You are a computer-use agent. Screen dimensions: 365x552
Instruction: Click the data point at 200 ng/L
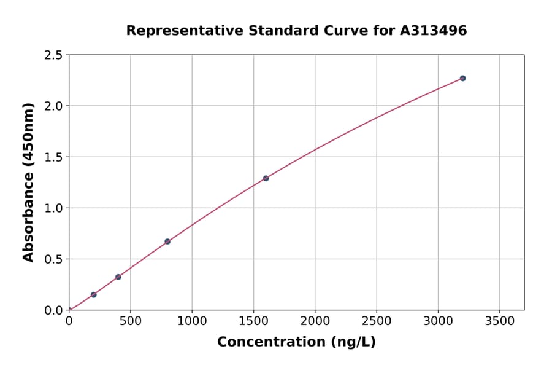click(93, 295)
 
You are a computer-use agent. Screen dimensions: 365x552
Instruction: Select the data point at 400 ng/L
click(118, 277)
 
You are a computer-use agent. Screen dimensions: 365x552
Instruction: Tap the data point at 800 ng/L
click(167, 241)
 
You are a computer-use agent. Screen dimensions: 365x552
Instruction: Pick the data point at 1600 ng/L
click(266, 178)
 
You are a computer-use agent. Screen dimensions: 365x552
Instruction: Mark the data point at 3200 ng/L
click(462, 78)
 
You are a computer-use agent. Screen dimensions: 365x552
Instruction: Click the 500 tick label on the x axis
click(130, 322)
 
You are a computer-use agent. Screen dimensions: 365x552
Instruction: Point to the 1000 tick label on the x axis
click(191, 322)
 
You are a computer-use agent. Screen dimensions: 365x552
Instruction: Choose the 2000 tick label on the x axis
click(315, 322)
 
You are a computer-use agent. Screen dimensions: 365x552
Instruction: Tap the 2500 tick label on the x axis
click(376, 322)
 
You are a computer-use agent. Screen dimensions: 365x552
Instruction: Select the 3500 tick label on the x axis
click(499, 322)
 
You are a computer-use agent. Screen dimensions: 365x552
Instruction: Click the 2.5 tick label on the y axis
click(53, 55)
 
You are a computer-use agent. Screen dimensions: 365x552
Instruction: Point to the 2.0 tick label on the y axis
click(53, 106)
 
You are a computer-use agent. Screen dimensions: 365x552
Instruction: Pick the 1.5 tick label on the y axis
click(53, 157)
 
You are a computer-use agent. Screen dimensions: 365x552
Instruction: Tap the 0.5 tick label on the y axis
click(53, 259)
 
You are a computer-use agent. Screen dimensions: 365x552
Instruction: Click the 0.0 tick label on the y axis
click(53, 310)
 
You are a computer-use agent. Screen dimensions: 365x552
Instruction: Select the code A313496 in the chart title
click(433, 31)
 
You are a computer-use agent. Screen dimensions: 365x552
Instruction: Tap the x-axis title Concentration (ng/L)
click(296, 342)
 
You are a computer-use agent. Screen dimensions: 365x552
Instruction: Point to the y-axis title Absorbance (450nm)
click(28, 182)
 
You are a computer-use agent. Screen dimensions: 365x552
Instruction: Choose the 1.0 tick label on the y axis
click(53, 208)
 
